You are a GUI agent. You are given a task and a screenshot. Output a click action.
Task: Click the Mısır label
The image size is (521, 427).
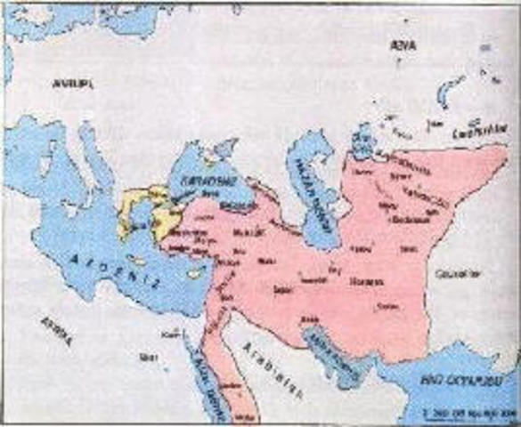tap(144, 358)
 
